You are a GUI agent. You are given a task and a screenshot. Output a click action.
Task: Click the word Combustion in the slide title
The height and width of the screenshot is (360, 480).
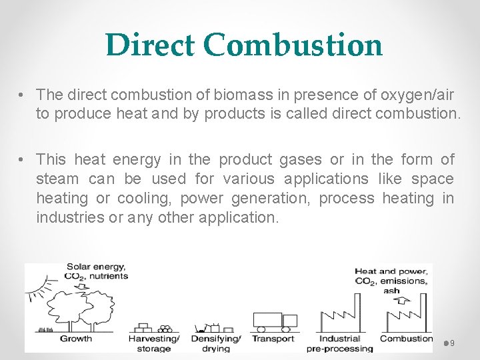tap(293, 45)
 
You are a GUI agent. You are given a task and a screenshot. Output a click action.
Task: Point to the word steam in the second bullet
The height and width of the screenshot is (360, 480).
tap(57, 179)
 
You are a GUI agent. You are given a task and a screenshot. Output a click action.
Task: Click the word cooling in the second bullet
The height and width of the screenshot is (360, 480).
tap(143, 198)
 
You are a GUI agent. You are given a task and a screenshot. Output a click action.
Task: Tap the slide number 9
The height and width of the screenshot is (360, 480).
tap(453, 343)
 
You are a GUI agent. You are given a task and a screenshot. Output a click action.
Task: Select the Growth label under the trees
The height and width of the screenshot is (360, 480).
tap(76, 339)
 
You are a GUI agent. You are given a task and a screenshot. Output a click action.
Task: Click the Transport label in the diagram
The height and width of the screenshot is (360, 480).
tap(273, 339)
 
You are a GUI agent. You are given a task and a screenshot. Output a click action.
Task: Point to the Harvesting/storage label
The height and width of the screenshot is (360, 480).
tap(154, 343)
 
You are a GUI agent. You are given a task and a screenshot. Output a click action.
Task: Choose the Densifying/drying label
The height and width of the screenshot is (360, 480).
tap(215, 343)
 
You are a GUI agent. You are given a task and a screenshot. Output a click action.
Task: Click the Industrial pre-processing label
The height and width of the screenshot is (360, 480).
tap(339, 343)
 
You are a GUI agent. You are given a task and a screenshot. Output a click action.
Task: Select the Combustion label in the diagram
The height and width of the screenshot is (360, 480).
tap(406, 339)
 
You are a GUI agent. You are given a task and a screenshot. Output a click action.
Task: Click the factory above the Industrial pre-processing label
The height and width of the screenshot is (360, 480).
tap(339, 314)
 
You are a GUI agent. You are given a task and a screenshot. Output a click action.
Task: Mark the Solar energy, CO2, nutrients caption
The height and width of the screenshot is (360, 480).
tap(96, 271)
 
